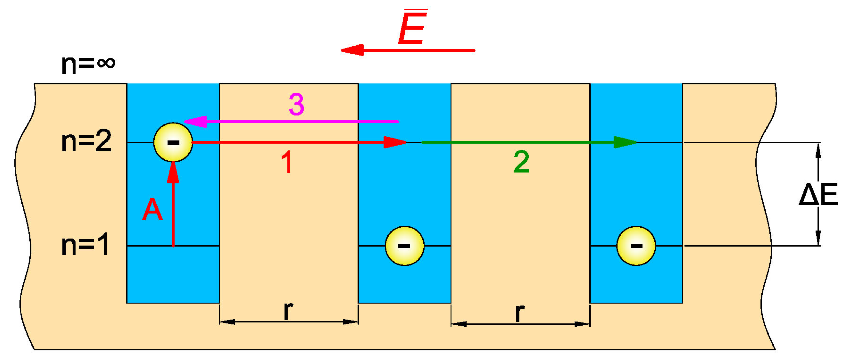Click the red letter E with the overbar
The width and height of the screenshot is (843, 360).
413,28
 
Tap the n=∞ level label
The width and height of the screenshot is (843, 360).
88,64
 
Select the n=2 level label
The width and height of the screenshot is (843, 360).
87,141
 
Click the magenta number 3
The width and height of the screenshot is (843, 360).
296,104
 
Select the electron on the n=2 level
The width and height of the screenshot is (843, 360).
173,142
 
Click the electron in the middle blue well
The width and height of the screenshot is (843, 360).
404,246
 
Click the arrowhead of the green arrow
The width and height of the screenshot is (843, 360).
625,142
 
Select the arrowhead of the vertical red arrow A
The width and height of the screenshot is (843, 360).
173,172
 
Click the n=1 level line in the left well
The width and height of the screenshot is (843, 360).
196,246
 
